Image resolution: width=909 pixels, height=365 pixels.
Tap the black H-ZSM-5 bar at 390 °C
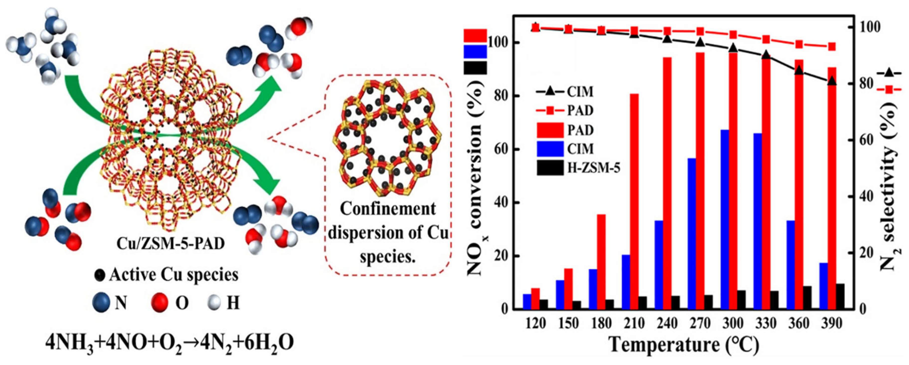point(840,296)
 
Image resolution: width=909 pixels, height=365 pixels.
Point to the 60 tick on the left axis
point(498,149)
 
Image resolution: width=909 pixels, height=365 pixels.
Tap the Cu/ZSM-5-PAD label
point(170,244)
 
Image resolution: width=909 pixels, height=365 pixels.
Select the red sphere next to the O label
point(159,302)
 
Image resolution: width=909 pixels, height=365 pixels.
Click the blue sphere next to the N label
point(101,302)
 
